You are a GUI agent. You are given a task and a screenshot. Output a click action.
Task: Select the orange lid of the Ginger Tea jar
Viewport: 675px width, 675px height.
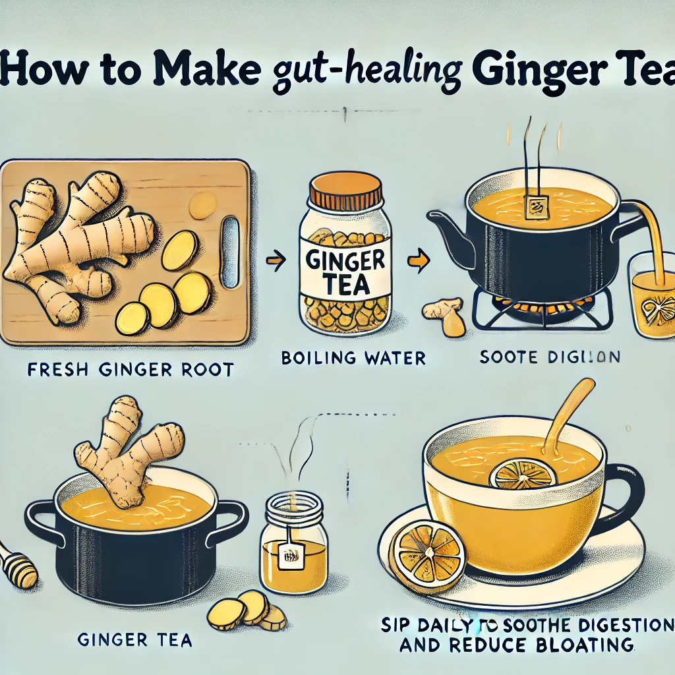click(346, 192)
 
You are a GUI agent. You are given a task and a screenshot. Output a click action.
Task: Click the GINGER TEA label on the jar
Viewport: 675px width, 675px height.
click(346, 266)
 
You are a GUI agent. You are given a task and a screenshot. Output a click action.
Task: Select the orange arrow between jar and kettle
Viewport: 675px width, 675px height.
click(417, 261)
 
